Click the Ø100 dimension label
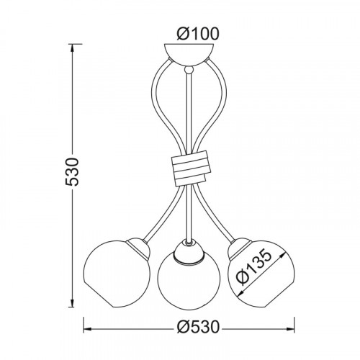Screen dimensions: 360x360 (x=198, y=34)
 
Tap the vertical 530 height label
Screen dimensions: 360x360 (x=72, y=171)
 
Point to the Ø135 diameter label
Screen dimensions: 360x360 (x=254, y=267)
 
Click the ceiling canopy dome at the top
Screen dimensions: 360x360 (x=189, y=55)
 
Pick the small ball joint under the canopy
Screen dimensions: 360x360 (x=189, y=70)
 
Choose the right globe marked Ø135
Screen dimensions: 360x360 (x=261, y=274)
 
